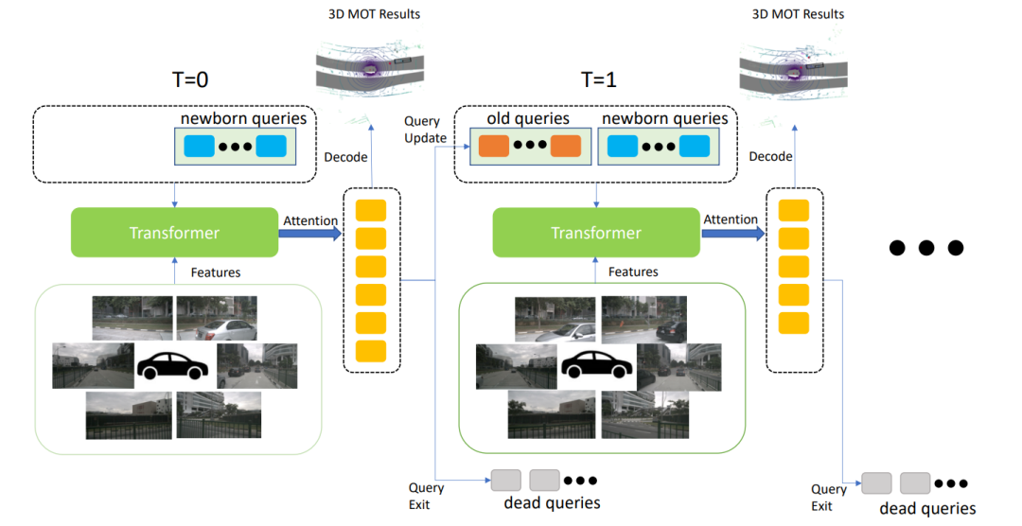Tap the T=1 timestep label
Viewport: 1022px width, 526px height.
(598, 79)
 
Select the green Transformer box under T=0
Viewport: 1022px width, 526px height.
(175, 233)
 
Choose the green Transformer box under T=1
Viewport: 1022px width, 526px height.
(596, 233)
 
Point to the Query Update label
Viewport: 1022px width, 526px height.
(425, 130)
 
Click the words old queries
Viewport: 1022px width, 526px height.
(528, 119)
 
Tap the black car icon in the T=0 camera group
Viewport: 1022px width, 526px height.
(174, 363)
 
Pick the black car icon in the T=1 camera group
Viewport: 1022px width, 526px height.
(596, 363)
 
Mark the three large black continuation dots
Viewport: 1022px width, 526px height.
(926, 248)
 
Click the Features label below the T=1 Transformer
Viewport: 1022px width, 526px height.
(633, 272)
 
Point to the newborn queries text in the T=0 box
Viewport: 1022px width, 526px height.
(244, 118)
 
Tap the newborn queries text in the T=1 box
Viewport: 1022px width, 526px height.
(665, 119)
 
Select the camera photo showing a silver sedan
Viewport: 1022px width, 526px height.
(217, 319)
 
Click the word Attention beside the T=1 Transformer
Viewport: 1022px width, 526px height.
(730, 219)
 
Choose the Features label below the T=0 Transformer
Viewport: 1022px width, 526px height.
(216, 272)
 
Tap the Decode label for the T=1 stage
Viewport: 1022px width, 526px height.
(770, 156)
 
